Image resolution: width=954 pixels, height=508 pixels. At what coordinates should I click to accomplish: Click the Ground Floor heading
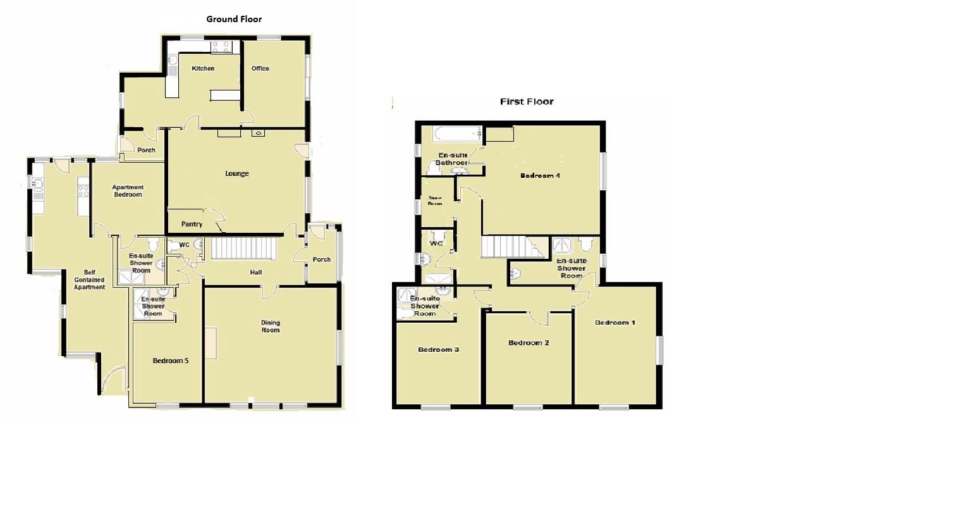(x=234, y=19)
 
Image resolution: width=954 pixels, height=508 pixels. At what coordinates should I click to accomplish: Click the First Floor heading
(x=527, y=101)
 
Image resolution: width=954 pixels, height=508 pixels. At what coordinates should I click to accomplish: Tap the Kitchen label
(x=203, y=68)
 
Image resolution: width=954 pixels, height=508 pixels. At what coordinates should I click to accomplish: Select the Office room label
(x=260, y=68)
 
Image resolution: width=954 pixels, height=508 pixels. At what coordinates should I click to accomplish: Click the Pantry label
(x=192, y=224)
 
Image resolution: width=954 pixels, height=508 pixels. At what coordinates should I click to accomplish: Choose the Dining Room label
(x=271, y=326)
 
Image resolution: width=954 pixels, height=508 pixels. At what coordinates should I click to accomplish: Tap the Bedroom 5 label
(x=171, y=361)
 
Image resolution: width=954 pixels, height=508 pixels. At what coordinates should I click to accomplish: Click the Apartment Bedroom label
(x=128, y=190)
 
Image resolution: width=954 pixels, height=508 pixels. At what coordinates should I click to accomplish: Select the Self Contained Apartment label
(x=89, y=279)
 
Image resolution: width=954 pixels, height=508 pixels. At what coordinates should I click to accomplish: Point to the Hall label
(x=255, y=273)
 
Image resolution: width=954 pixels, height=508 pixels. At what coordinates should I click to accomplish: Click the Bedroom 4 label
(x=540, y=176)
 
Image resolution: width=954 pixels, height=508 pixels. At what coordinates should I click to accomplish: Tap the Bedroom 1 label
(x=615, y=323)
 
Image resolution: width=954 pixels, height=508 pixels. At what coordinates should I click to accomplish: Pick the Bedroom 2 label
(x=529, y=343)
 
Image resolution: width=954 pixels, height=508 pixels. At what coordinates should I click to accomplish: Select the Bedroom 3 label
(x=438, y=349)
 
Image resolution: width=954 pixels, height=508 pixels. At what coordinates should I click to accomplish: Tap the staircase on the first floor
(x=513, y=247)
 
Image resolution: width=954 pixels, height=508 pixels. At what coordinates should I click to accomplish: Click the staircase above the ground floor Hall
(x=243, y=248)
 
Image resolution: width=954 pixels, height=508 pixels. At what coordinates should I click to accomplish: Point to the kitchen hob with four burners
(x=222, y=46)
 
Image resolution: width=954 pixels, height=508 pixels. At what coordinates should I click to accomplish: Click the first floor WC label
(x=436, y=244)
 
